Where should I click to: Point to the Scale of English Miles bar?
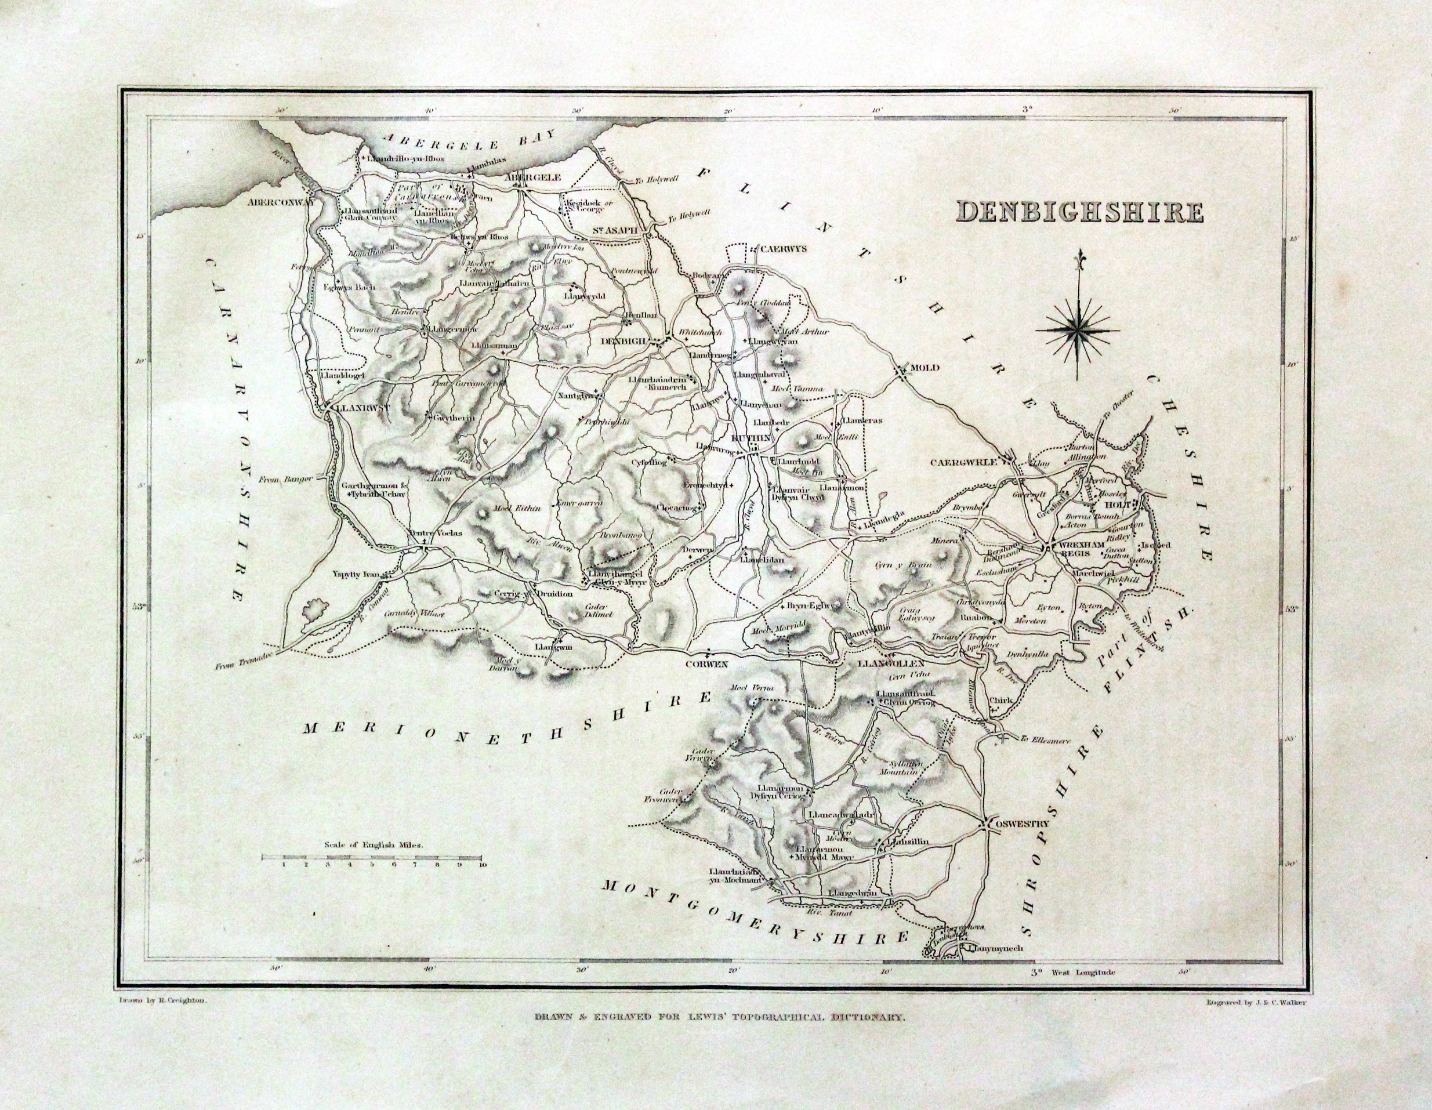tap(372, 857)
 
